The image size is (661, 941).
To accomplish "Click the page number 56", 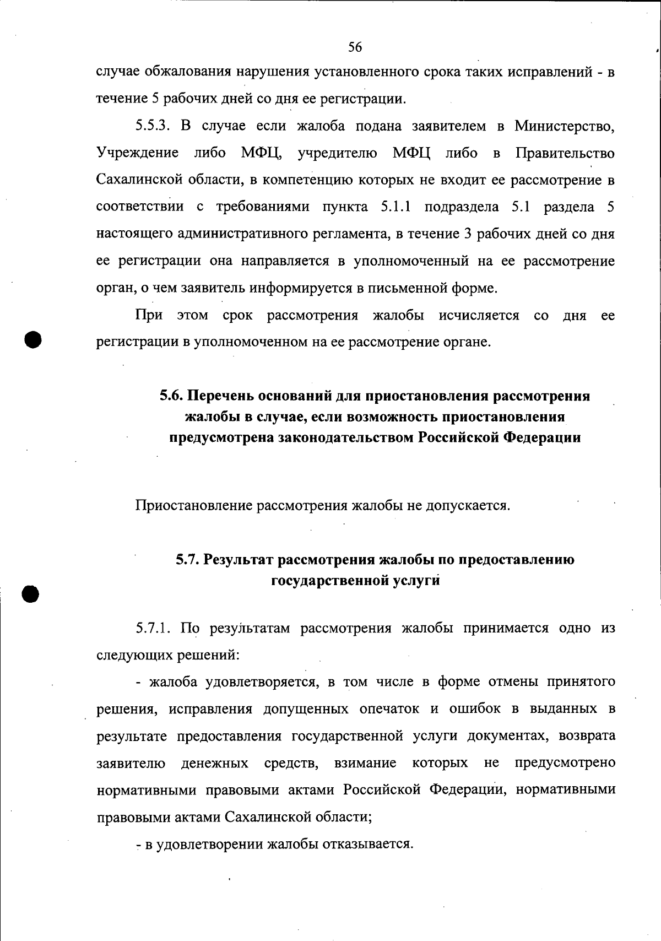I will pos(355,47).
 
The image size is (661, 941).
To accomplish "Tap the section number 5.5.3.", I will pos(156,126).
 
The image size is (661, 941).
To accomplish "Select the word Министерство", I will pos(565,126).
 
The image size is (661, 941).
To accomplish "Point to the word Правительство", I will pos(565,153).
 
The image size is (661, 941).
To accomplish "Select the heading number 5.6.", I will pos(171,396).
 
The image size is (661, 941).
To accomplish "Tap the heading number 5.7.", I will pos(188,560).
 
